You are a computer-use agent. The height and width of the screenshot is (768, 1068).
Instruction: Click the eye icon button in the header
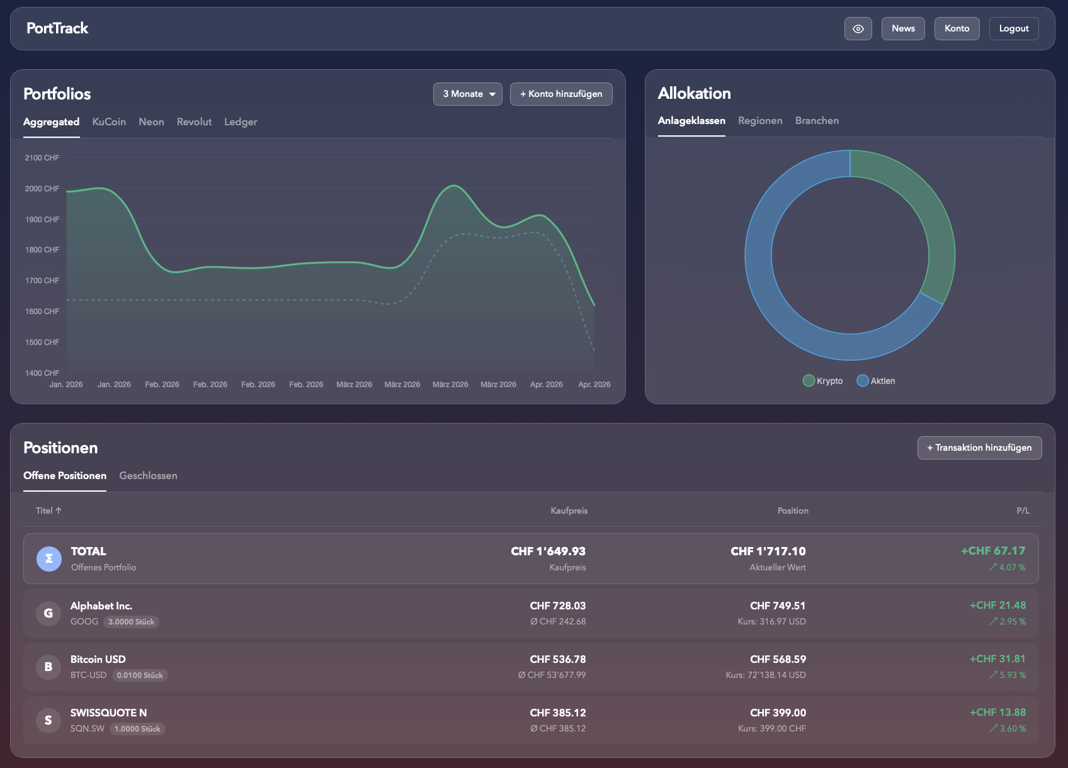[x=858, y=28]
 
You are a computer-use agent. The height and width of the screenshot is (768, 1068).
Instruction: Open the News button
[x=903, y=28]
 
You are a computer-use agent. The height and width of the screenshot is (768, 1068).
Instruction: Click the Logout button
[x=1014, y=28]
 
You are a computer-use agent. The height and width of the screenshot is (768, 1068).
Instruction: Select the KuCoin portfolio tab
[x=109, y=121]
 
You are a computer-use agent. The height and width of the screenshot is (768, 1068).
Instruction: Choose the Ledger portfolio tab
[x=241, y=121]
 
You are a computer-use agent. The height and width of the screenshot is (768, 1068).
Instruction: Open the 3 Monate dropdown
[x=468, y=94]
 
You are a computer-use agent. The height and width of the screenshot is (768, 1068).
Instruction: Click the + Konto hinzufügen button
[x=561, y=94]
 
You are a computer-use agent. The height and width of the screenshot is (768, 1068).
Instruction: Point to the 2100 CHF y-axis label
[x=42, y=158]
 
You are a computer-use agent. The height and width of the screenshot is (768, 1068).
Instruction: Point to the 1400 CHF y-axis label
[x=42, y=373]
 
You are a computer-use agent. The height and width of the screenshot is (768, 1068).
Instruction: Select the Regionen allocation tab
[x=760, y=121]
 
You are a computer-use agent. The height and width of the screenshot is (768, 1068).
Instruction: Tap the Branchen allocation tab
[x=817, y=121]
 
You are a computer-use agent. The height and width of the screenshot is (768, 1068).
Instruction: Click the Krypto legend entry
[x=823, y=381]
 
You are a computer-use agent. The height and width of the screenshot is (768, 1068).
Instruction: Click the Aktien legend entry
[x=876, y=381]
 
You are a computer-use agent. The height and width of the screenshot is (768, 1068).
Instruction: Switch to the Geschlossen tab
[x=148, y=475]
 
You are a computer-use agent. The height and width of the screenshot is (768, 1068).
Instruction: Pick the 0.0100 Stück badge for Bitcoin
[x=140, y=675]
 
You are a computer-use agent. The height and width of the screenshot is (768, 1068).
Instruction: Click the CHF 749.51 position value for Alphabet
[x=778, y=606]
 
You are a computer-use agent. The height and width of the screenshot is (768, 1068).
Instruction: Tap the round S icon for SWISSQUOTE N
[x=48, y=720]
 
